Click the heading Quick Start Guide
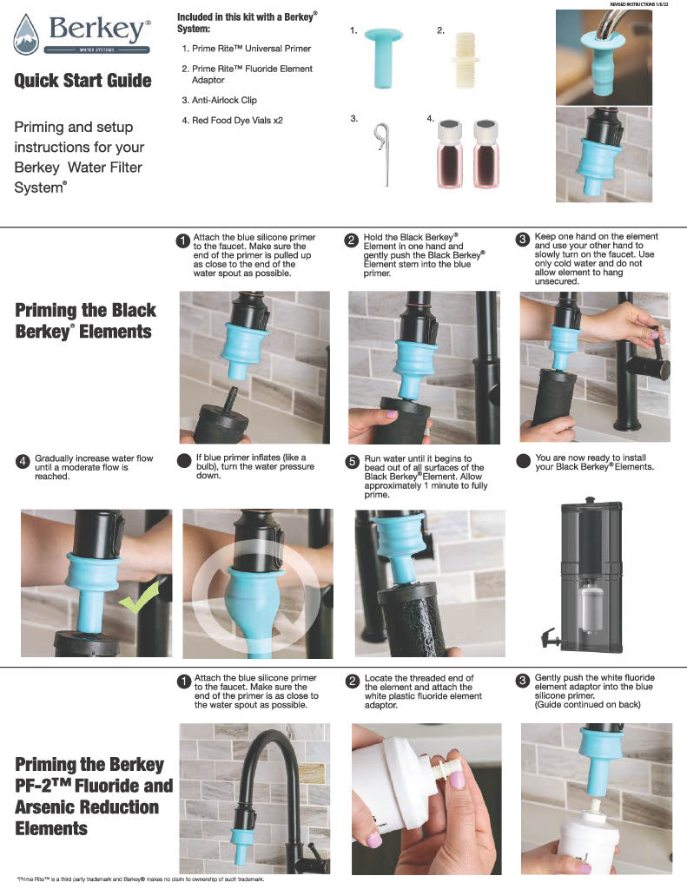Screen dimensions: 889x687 (83, 81)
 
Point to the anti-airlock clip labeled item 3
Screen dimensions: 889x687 (380, 152)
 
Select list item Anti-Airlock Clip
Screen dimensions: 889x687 (219, 101)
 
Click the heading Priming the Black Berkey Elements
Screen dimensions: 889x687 (86, 320)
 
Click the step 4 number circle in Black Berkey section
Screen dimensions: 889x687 (23, 461)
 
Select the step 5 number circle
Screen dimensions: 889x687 (352, 461)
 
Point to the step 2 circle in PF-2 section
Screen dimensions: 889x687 (352, 682)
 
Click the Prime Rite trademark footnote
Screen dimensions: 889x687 (139, 879)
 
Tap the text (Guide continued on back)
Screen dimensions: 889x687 (587, 704)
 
